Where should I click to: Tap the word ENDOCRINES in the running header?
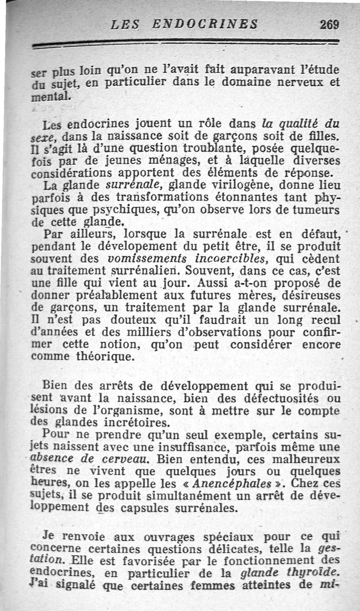[205, 23]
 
